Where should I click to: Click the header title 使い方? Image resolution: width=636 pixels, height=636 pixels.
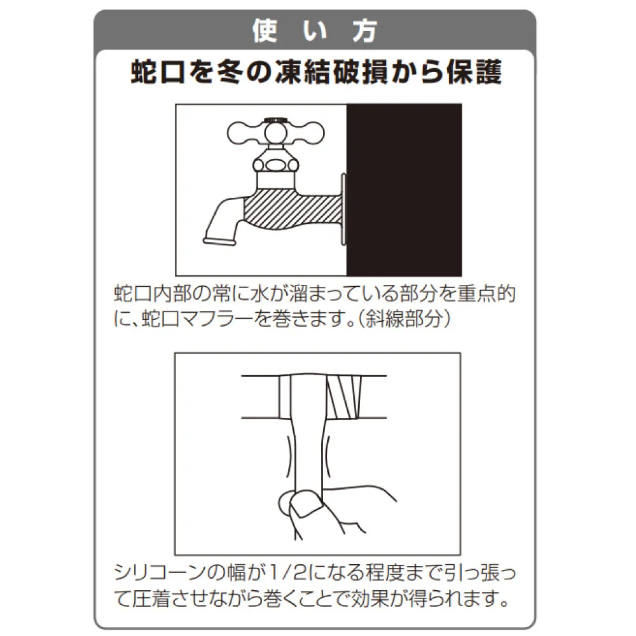[x=315, y=31]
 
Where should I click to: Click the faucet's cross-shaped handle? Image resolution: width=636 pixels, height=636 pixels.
[x=276, y=133]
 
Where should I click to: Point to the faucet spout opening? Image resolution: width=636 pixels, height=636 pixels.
[x=219, y=242]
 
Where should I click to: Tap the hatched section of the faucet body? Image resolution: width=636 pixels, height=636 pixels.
[x=292, y=210]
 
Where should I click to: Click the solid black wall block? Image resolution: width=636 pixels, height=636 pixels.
[x=404, y=190]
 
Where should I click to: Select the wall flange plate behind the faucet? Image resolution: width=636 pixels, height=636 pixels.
[x=344, y=209]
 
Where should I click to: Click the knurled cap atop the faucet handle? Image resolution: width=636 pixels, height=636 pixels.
[x=276, y=120]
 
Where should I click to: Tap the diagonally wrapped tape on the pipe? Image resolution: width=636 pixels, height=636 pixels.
[x=343, y=397]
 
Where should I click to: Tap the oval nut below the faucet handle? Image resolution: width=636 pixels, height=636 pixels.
[x=276, y=165]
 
